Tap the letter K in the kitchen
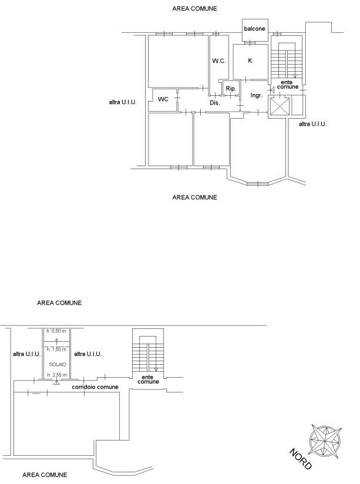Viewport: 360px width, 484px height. [x=250, y=60]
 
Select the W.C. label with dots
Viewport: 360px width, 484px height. [x=219, y=61]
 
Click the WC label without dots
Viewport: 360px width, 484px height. [x=163, y=99]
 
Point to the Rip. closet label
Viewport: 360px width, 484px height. [x=231, y=89]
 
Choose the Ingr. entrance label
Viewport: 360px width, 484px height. [x=257, y=95]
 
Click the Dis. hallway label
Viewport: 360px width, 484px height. [x=215, y=103]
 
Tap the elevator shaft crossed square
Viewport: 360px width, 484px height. [x=279, y=107]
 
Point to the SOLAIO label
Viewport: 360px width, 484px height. [x=58, y=365]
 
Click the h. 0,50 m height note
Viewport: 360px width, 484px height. [x=56, y=331]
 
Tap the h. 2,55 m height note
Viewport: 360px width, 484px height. [x=57, y=375]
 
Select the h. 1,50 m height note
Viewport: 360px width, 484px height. [x=56, y=349]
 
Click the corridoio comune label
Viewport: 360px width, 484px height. [x=95, y=386]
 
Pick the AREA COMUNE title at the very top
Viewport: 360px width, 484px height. [x=194, y=9]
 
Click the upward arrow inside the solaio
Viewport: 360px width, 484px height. [x=56, y=341]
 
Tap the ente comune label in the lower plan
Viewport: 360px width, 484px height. [x=148, y=379]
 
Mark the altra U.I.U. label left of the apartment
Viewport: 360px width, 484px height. [x=123, y=102]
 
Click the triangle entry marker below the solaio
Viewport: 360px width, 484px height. [x=56, y=383]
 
